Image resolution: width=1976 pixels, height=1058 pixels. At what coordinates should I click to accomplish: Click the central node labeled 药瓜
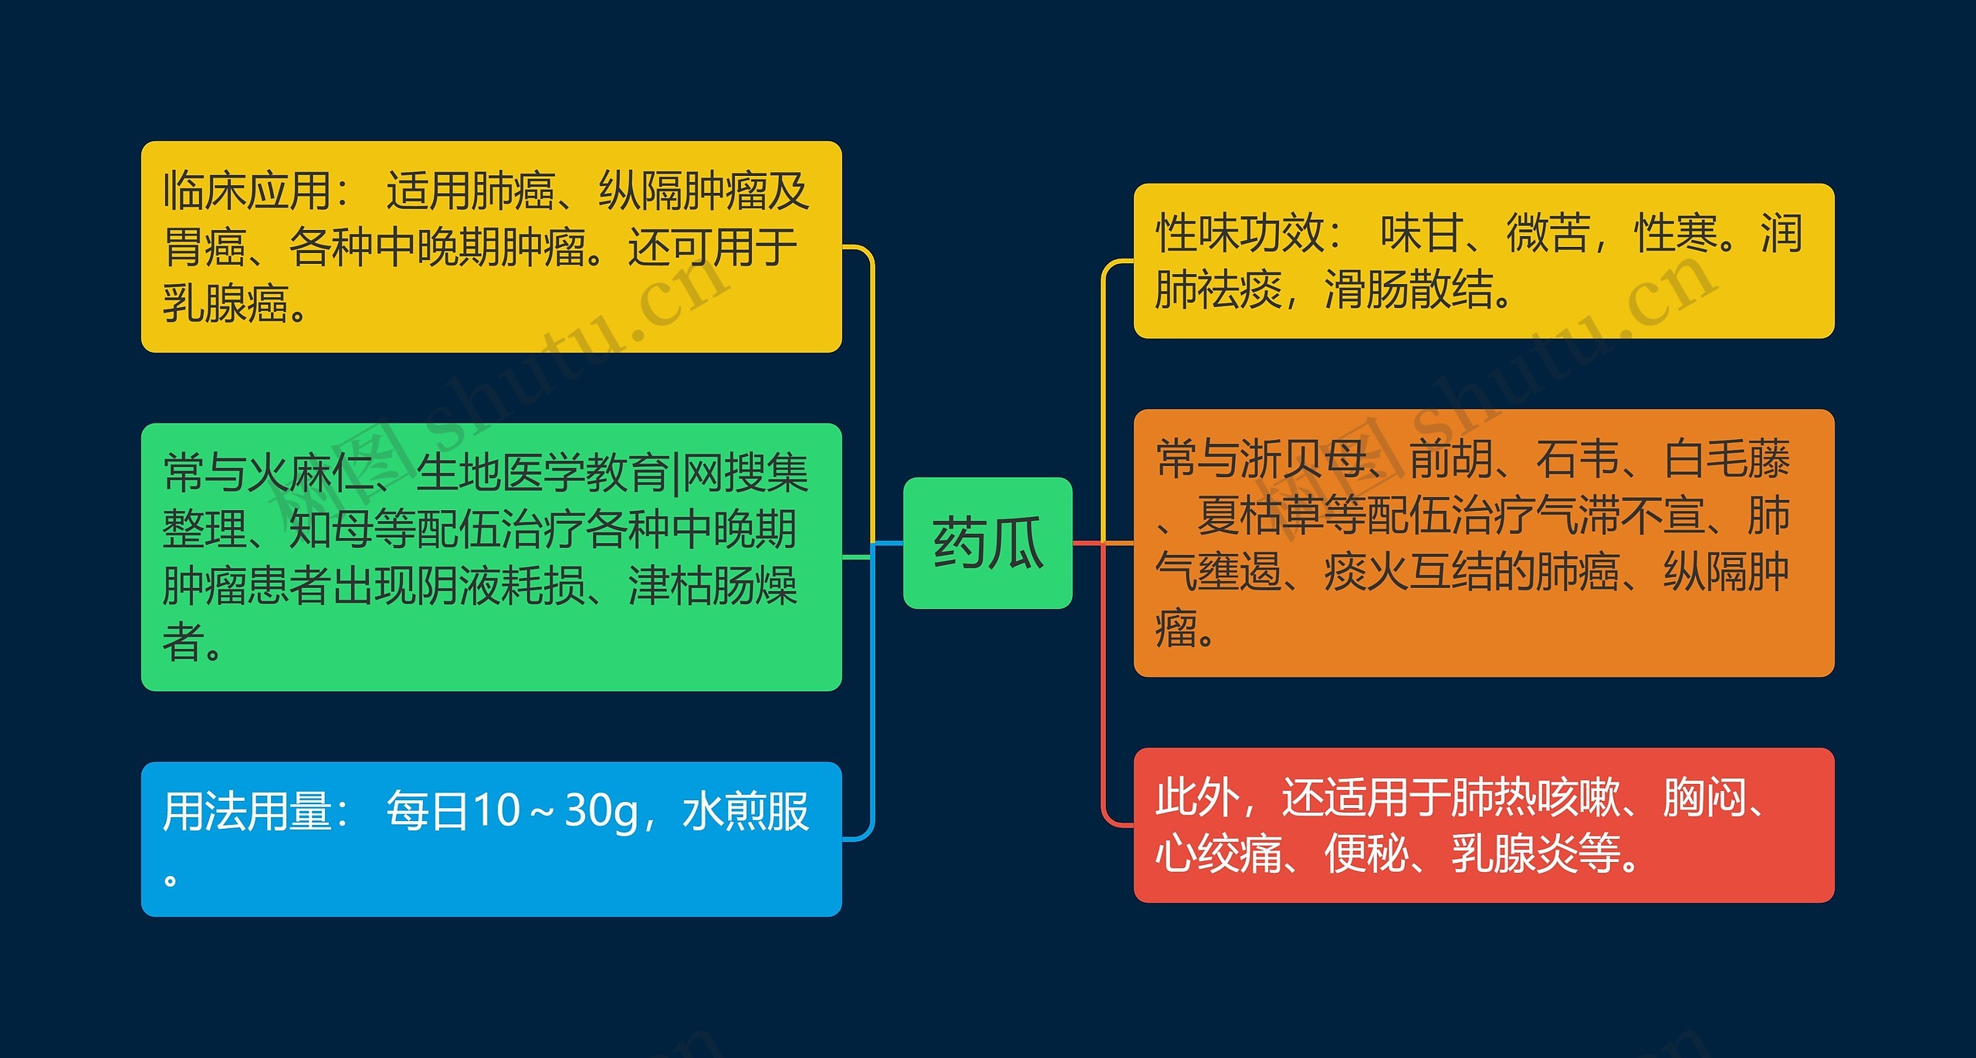tap(987, 543)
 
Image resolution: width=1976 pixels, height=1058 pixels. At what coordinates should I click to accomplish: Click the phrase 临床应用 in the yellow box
tap(247, 191)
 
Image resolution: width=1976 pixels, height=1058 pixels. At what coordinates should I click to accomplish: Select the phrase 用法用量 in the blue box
tap(247, 811)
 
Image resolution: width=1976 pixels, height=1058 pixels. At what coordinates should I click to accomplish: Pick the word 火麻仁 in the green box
tap(310, 472)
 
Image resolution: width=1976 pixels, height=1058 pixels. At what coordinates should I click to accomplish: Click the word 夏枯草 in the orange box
tap(1260, 515)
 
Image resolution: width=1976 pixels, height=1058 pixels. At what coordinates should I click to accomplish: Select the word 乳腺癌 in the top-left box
tap(226, 303)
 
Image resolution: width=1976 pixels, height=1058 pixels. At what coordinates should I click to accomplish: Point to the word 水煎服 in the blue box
tap(746, 811)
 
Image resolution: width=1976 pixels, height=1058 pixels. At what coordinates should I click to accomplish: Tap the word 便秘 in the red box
tap(1366, 853)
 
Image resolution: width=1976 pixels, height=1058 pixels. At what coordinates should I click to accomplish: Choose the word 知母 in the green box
tap(331, 529)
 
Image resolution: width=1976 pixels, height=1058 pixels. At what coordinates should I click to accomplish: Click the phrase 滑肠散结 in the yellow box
tap(1409, 290)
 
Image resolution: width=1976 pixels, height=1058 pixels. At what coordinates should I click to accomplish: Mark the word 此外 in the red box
tap(1197, 797)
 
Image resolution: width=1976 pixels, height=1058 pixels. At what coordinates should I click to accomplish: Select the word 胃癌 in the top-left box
tap(205, 247)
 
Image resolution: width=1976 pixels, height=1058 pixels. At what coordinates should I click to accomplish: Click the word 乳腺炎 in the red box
tap(1514, 853)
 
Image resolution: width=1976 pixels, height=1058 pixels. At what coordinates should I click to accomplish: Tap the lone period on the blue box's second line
tap(171, 879)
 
